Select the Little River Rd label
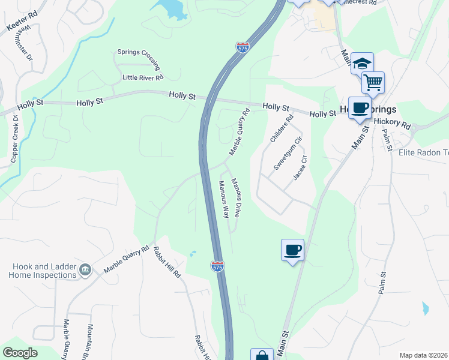pyautogui.click(x=143, y=77)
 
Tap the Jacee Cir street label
pyautogui.click(x=300, y=167)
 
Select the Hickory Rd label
pyautogui.click(x=391, y=124)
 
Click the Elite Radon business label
pyautogui.click(x=424, y=152)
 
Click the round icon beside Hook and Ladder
pyautogui.click(x=85, y=271)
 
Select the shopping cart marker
pyautogui.click(x=373, y=82)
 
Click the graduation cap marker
pyautogui.click(x=362, y=63)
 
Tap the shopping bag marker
pyautogui.click(x=262, y=355)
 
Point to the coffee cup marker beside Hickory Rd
pyautogui.click(x=360, y=108)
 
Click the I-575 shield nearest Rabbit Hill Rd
pyautogui.click(x=217, y=266)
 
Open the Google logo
pyautogui.click(x=20, y=353)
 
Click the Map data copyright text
pyautogui.click(x=423, y=355)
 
